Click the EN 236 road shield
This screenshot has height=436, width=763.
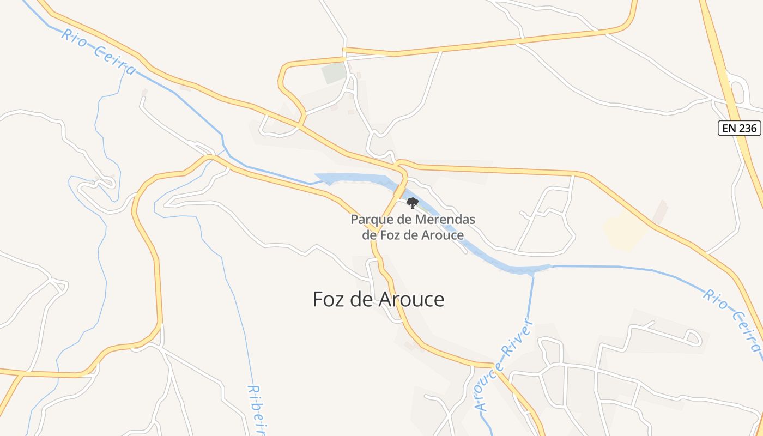738,128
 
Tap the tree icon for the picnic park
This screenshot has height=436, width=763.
413,203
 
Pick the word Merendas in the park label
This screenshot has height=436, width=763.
445,220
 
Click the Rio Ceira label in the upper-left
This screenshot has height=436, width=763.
98,52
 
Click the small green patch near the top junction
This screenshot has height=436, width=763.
334,73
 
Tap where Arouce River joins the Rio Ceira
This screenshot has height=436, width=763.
533,271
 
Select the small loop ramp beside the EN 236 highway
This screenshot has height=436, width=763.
737,90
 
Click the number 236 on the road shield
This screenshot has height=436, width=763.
747,128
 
